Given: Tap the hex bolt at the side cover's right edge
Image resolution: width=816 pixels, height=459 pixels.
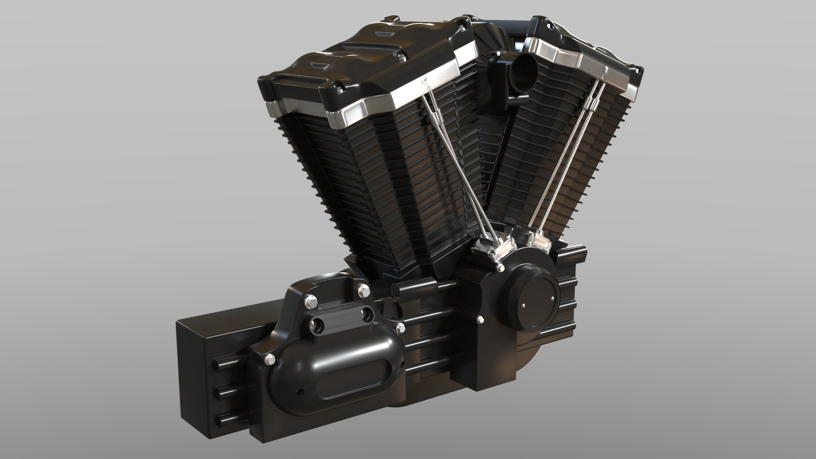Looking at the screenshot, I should click(x=399, y=328).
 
